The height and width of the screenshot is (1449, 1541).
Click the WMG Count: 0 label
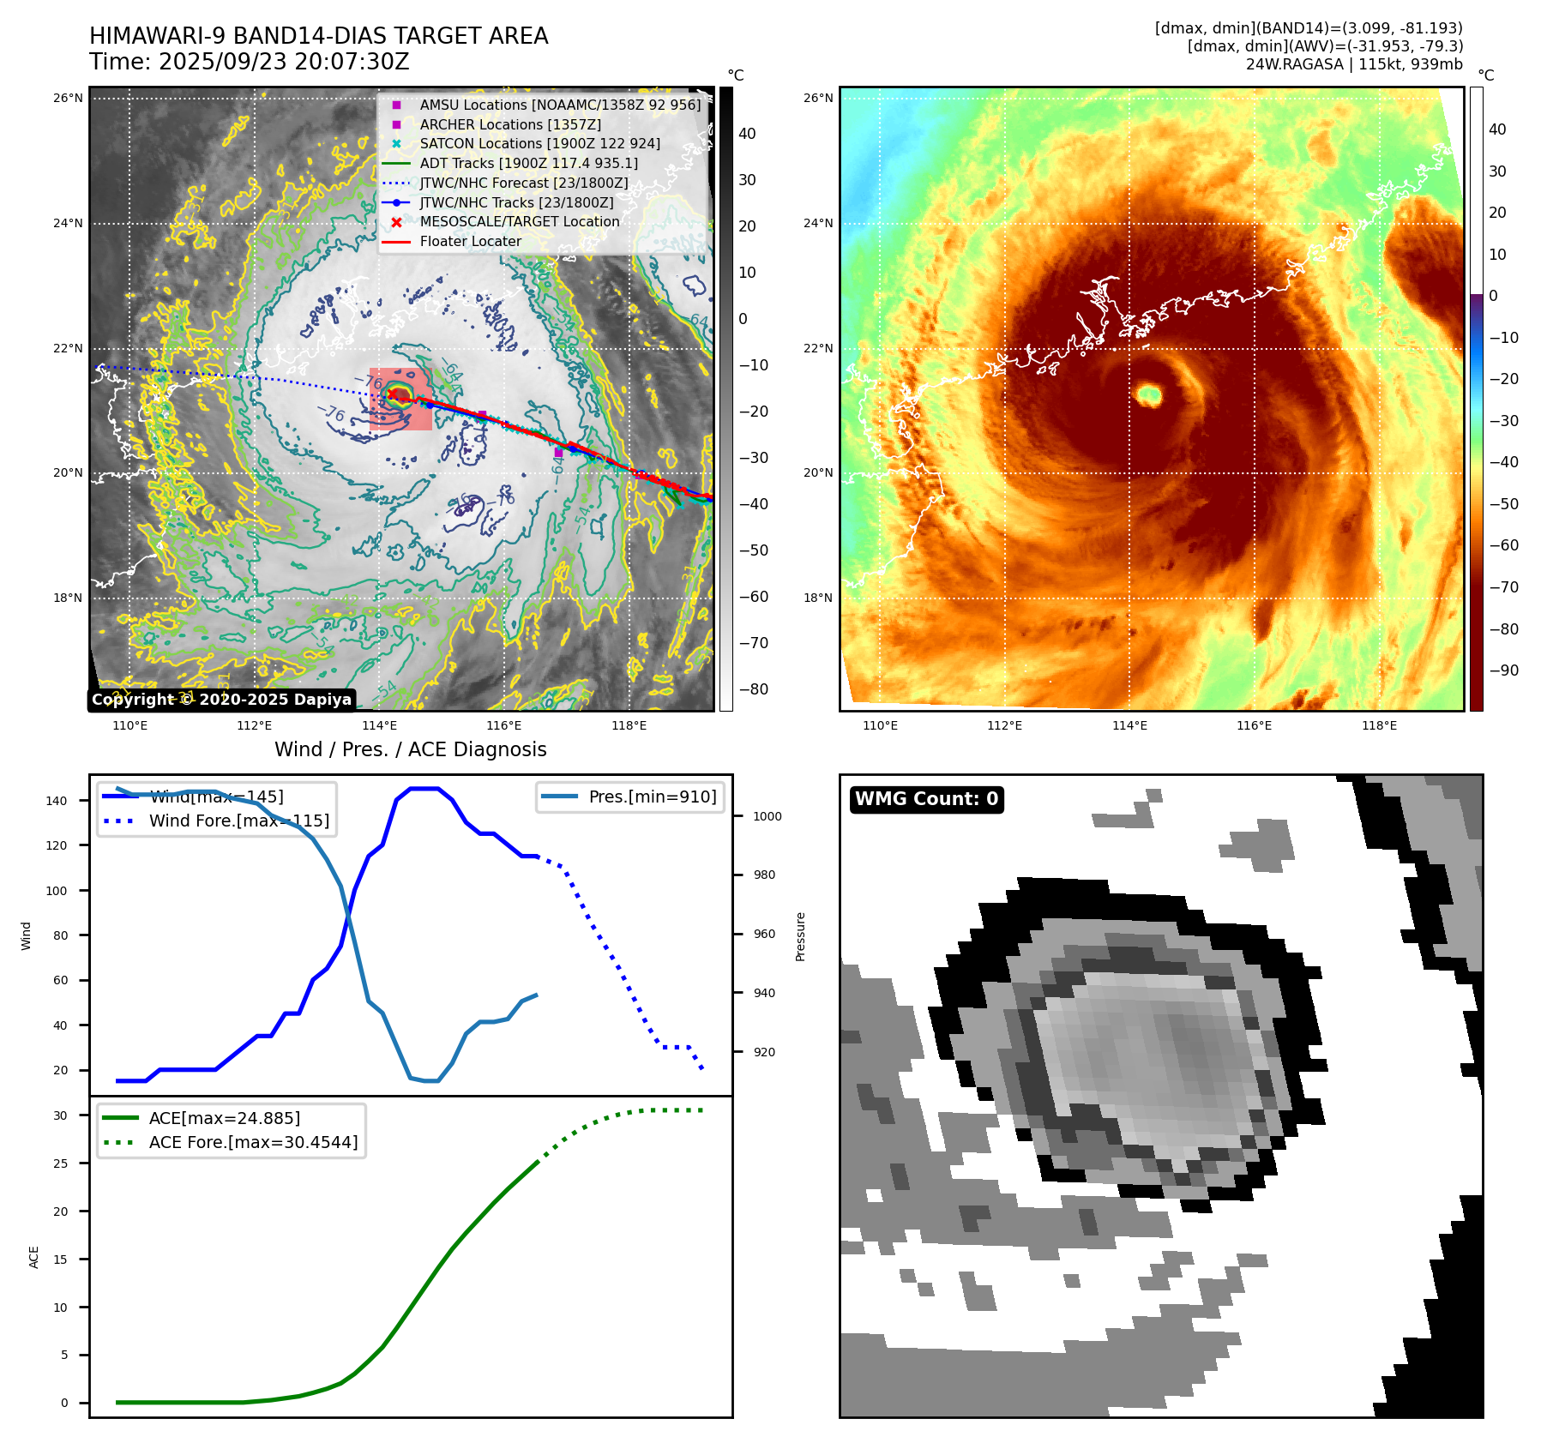pyautogui.click(x=926, y=799)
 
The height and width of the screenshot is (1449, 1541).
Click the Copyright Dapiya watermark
pyautogui.click(x=221, y=700)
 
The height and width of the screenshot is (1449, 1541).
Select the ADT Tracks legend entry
pyautogui.click(x=528, y=163)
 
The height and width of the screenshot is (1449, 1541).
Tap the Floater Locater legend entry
pyautogui.click(x=470, y=242)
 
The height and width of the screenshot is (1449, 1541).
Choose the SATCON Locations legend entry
pyautogui.click(x=539, y=143)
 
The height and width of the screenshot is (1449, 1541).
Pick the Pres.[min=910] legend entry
pyautogui.click(x=652, y=797)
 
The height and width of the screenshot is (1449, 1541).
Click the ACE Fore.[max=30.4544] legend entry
pyautogui.click(x=253, y=1142)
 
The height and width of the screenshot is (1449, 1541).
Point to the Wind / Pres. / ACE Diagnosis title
pyautogui.click(x=410, y=749)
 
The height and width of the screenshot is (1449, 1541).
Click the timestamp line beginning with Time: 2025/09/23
pyautogui.click(x=250, y=62)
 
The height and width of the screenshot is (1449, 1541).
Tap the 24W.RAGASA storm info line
pyautogui.click(x=1353, y=64)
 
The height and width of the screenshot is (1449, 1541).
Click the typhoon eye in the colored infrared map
pyautogui.click(x=1149, y=395)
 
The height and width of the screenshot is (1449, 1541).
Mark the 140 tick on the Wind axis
pyautogui.click(x=57, y=801)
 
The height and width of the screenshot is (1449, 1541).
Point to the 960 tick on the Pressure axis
pyautogui.click(x=764, y=934)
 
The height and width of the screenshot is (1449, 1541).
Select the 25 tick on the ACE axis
pyautogui.click(x=60, y=1163)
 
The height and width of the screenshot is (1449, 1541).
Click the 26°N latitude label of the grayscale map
pyautogui.click(x=68, y=98)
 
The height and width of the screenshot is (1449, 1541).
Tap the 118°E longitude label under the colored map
pyautogui.click(x=1379, y=725)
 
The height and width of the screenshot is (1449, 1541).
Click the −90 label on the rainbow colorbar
pyautogui.click(x=1503, y=670)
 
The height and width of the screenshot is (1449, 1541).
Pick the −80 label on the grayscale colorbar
pyautogui.click(x=754, y=689)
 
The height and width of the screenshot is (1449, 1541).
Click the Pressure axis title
pyautogui.click(x=800, y=936)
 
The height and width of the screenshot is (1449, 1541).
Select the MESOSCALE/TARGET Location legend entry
pyautogui.click(x=519, y=221)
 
